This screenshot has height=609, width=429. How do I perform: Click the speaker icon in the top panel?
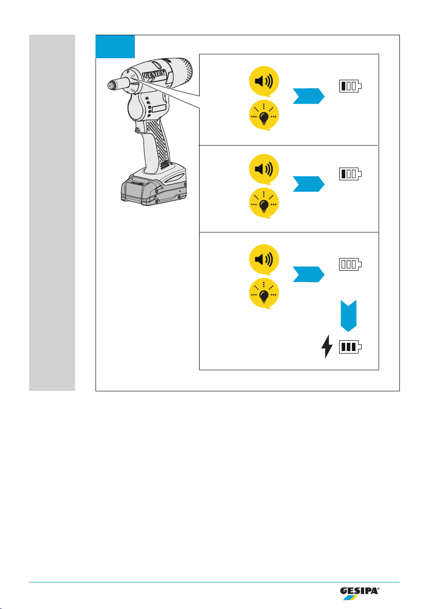tap(264, 82)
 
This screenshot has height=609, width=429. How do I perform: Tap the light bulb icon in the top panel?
tap(264, 115)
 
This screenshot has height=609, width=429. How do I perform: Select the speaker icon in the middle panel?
tap(264, 169)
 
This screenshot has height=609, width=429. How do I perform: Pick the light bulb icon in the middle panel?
tap(264, 203)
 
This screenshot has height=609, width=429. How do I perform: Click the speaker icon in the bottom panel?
tap(264, 260)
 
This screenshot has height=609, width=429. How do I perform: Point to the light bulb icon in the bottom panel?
tap(264, 294)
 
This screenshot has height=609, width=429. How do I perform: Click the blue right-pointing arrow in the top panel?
tap(308, 96)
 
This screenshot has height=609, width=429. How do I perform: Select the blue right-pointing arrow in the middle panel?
tap(308, 184)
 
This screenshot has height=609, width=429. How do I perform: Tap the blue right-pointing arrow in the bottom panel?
tap(308, 274)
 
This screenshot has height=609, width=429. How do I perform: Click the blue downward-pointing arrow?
tap(349, 316)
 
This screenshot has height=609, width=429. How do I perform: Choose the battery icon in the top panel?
tap(350, 86)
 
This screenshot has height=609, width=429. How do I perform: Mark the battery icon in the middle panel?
tap(350, 174)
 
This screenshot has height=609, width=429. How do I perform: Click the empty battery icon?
tap(350, 264)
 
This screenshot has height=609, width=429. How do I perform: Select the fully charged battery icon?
tap(350, 347)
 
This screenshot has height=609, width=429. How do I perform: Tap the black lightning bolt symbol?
tap(327, 346)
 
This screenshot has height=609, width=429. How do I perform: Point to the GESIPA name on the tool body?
tap(155, 75)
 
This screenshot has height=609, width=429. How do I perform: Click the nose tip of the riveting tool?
tap(112, 84)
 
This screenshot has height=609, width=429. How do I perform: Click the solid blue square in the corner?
tap(115, 46)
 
